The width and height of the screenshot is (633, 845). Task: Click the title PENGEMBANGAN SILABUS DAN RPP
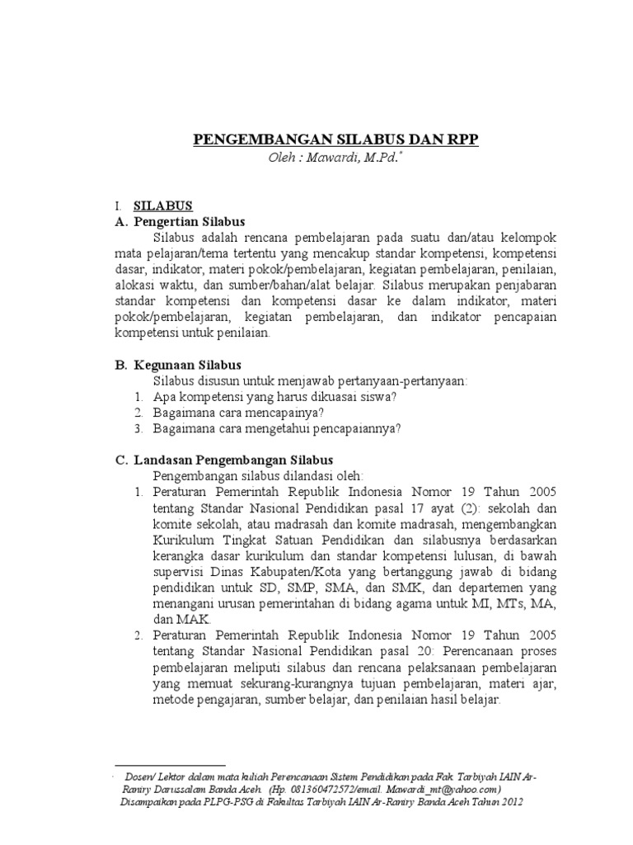point(335,139)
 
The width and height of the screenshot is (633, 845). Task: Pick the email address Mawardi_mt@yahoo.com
point(438,788)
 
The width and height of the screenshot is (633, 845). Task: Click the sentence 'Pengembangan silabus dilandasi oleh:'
point(258,476)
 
